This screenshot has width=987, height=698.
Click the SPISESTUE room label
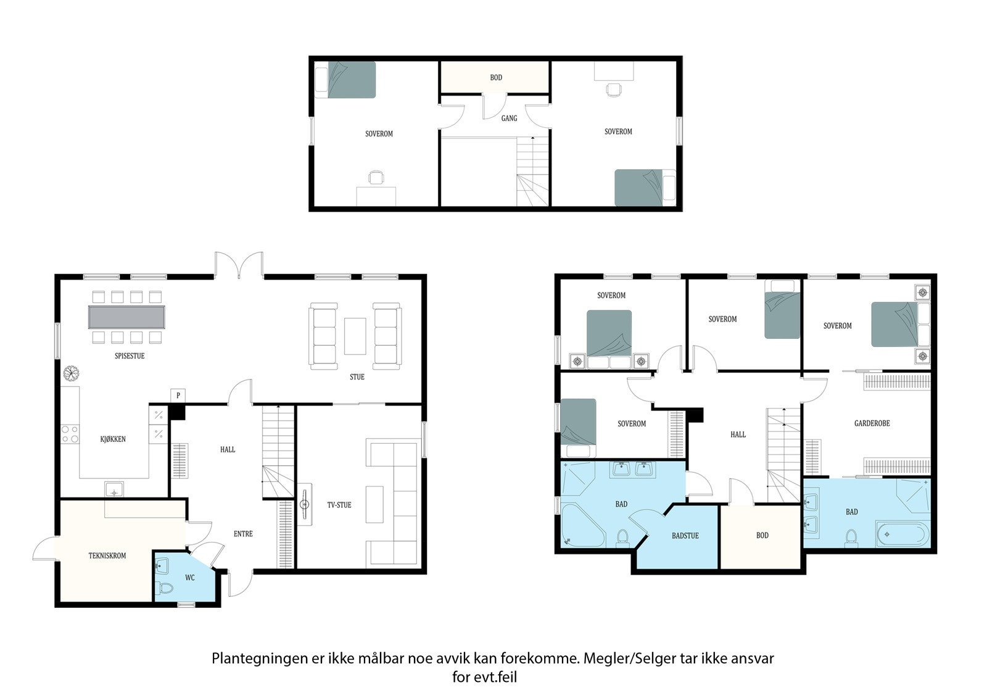pyautogui.click(x=130, y=356)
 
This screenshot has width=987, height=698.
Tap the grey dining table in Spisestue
pyautogui.click(x=126, y=317)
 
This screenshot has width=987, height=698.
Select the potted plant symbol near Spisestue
pyautogui.click(x=70, y=373)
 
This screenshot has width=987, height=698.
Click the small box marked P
pyautogui.click(x=178, y=396)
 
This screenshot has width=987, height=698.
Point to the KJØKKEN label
pyautogui.click(x=113, y=439)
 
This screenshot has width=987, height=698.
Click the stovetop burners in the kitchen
pyautogui.click(x=70, y=434)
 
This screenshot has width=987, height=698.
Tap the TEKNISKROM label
pyautogui.click(x=107, y=555)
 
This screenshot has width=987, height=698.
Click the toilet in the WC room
pyautogui.click(x=164, y=588)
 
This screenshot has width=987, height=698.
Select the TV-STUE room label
pyautogui.click(x=339, y=505)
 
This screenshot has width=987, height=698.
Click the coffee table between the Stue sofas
pyautogui.click(x=355, y=336)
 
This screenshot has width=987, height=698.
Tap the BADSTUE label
pyautogui.click(x=685, y=536)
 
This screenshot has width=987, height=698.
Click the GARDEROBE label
pyautogui.click(x=872, y=423)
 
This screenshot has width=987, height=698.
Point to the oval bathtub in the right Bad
pyautogui.click(x=903, y=535)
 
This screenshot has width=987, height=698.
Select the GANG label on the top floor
pyautogui.click(x=509, y=118)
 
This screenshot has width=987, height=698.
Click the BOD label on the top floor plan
pyautogui.click(x=496, y=78)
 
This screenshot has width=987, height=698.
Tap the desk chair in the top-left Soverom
pyautogui.click(x=376, y=177)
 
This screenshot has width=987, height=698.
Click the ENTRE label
pyautogui.click(x=243, y=534)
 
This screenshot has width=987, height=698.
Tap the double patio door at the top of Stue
pyautogui.click(x=239, y=265)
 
